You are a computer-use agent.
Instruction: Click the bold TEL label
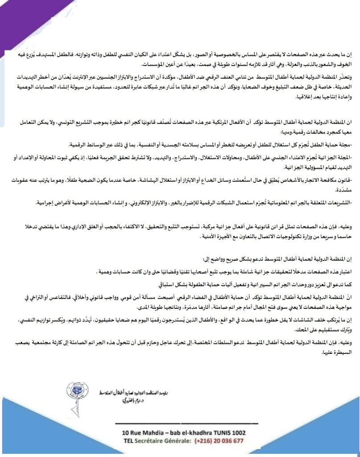pos(128,440)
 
